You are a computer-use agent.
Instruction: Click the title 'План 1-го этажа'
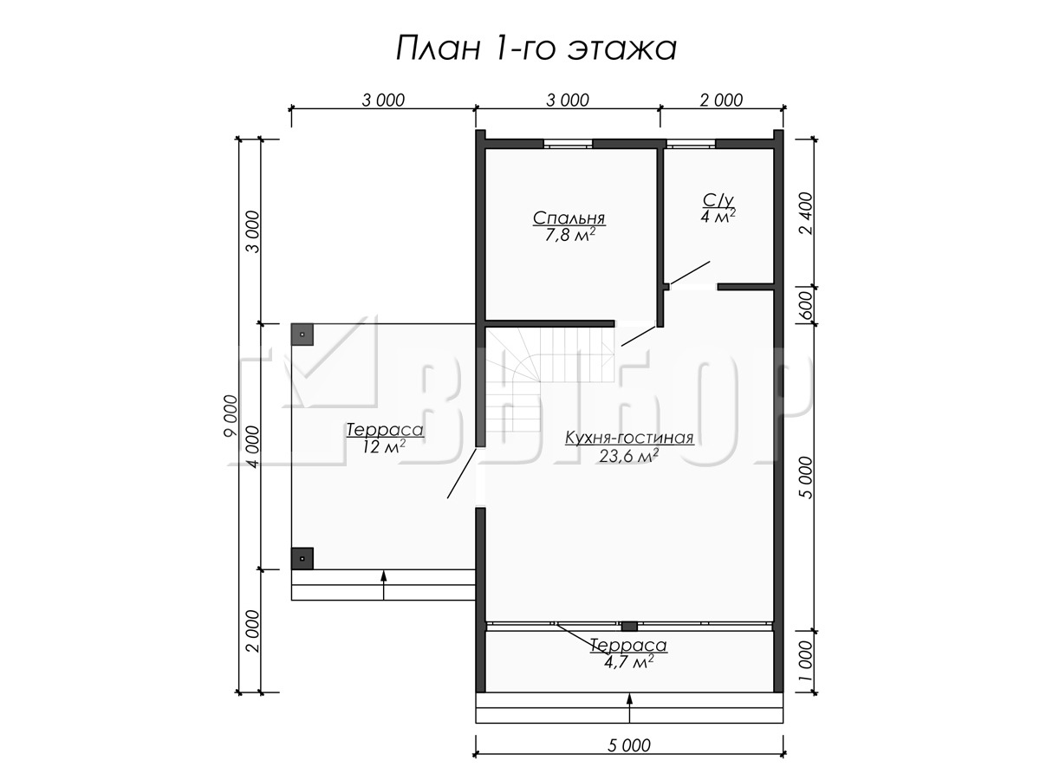tap(536, 49)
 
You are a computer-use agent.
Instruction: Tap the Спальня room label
tap(569, 218)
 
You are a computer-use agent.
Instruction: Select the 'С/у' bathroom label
tap(718, 201)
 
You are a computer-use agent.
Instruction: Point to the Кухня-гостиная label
tap(629, 438)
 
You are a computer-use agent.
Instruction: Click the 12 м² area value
tap(384, 446)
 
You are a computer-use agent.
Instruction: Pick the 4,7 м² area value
tap(629, 661)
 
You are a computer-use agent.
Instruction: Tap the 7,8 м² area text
tap(569, 235)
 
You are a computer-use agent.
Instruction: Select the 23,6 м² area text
tap(629, 455)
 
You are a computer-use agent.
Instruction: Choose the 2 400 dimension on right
tap(805, 213)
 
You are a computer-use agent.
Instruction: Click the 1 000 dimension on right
tap(805, 661)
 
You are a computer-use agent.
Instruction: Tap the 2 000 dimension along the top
tap(722, 100)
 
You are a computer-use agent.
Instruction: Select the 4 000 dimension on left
tap(254, 446)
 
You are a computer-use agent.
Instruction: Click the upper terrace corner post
tap(302, 335)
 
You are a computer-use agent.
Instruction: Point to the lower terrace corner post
tap(302, 558)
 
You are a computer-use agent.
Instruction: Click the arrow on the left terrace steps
tap(383, 585)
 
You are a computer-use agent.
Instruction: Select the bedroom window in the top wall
tap(568, 144)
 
